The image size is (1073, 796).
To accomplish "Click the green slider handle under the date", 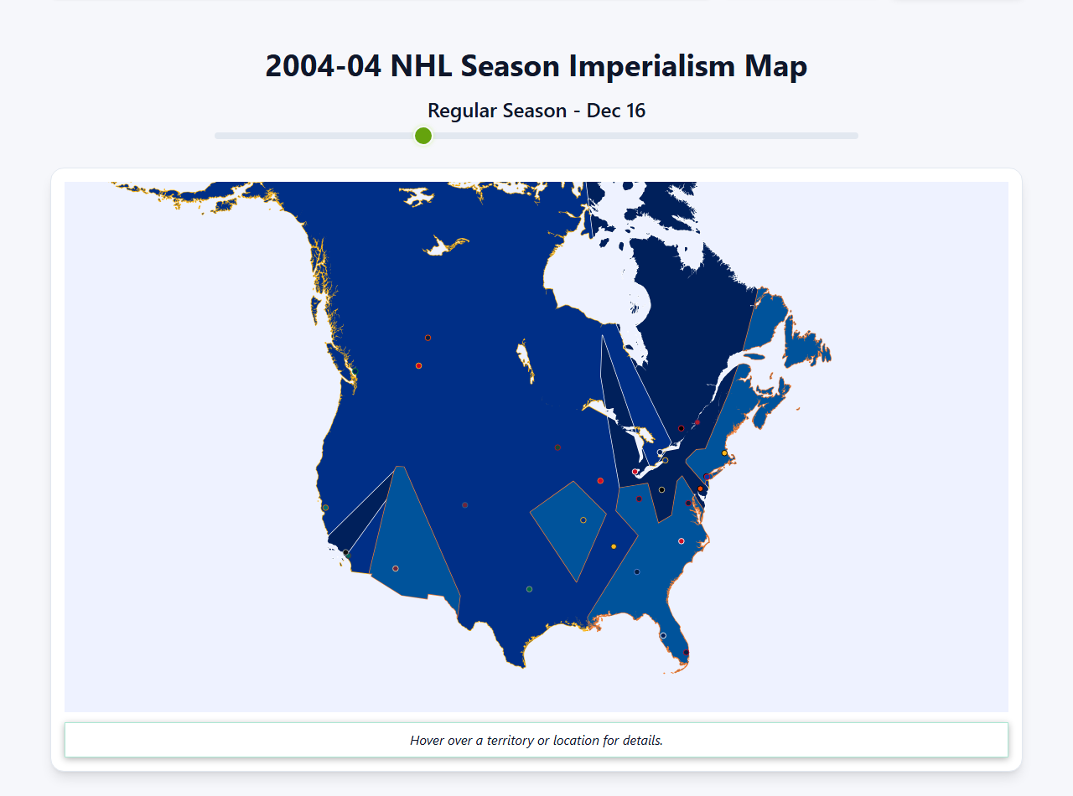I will (423, 136).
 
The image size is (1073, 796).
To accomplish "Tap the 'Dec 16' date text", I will (616, 111).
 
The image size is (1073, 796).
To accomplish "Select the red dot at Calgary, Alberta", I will (418, 365).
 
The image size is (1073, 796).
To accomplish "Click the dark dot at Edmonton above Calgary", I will (428, 338).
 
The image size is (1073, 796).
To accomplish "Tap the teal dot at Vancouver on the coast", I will (354, 370).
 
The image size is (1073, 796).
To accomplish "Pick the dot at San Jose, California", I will (325, 508).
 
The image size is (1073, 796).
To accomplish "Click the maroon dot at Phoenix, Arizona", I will (396, 568).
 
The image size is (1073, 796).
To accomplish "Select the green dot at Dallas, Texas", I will (529, 589).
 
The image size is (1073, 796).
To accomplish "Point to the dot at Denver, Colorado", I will (464, 505).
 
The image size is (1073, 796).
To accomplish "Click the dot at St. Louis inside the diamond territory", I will (583, 520).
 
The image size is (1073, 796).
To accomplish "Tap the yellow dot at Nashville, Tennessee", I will (614, 546).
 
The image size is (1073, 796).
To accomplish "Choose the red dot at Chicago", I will (600, 481).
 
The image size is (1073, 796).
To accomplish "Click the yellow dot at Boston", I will (724, 453).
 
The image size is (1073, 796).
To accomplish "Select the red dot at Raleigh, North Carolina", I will (681, 541).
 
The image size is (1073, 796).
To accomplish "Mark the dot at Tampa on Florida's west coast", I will (663, 635).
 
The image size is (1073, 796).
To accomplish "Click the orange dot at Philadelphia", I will (700, 489).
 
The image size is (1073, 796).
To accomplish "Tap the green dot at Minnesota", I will (557, 447).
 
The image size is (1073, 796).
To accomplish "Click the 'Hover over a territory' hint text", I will (536, 741).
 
